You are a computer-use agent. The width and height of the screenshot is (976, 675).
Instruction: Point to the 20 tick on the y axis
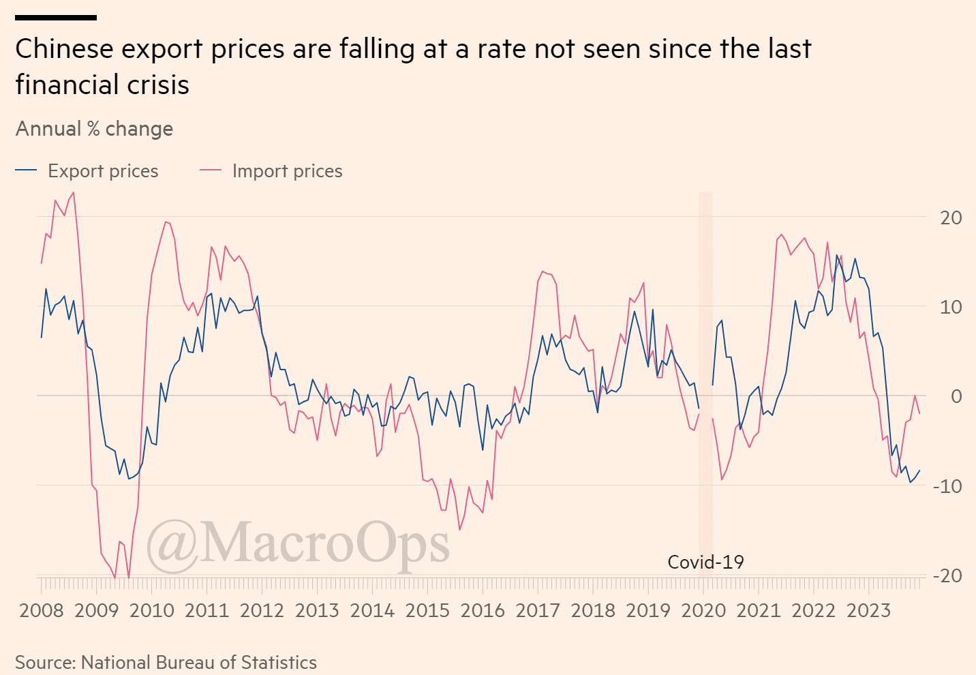pos(951,217)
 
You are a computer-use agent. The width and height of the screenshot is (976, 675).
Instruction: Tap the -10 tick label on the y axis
pos(947,486)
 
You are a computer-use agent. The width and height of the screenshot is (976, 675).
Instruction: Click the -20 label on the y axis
pos(947,576)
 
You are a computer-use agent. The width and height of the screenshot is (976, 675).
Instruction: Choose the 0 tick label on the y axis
pos(956,396)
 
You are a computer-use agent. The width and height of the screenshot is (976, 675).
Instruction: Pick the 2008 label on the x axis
pos(42,610)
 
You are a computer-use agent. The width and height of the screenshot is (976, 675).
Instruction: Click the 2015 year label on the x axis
pos(427,610)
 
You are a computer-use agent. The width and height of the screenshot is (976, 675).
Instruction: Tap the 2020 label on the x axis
pos(703,610)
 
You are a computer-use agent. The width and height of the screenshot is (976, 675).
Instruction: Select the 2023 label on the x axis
pos(868,610)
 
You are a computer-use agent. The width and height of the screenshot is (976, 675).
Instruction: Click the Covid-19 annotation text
pos(705,562)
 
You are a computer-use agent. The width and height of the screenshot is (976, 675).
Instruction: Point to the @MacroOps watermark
pos(298,543)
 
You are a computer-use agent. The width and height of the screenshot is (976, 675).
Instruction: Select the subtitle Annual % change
pos(94,129)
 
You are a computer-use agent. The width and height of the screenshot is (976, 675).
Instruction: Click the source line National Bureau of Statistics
pos(166,663)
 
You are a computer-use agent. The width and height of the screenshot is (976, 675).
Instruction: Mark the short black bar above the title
pos(56,18)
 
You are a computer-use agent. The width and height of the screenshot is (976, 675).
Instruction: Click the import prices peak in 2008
pos(73,192)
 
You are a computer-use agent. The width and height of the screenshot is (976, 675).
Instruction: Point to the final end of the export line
pos(919,470)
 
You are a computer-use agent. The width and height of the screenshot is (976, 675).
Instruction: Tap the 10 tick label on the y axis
pos(951,307)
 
